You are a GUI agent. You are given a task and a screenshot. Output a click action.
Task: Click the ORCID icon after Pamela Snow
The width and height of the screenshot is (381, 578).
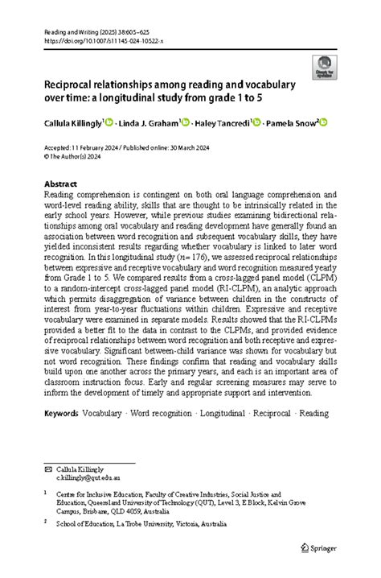click(326, 122)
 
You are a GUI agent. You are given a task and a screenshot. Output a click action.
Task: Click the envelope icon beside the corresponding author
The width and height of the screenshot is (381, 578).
click(48, 468)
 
